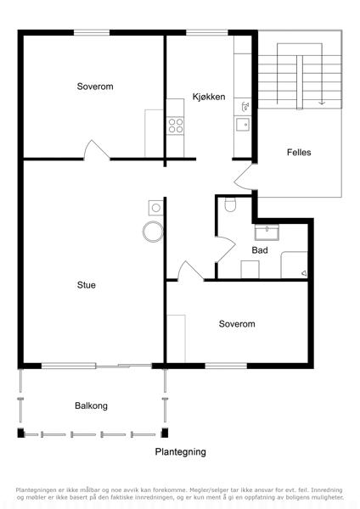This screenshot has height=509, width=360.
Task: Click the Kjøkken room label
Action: coord(209,97)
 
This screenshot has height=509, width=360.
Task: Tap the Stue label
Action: coord(87,285)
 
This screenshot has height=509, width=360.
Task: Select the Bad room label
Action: coord(260,250)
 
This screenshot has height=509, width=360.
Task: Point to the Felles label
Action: coord(299,152)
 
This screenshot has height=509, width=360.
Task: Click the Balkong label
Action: coord(91,406)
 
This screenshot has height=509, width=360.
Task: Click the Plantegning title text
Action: coord(180,452)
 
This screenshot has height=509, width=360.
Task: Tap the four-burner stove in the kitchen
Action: coord(176,126)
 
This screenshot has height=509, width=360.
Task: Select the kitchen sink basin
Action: coord(243,124)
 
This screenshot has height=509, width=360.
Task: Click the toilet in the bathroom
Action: coord(230,204)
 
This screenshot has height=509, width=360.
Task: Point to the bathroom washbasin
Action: coord(267,232)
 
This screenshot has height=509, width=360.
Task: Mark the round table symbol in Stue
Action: coord(153,232)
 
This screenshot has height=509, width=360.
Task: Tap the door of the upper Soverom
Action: coord(97,150)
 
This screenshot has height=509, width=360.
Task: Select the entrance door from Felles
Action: coord(243,176)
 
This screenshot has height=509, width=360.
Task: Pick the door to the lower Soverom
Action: coord(190,270)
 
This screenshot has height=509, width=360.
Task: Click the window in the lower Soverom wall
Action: coord(226,366)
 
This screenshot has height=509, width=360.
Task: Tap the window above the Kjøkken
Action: coord(207,33)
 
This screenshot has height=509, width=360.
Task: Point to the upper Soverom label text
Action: coord(95,87)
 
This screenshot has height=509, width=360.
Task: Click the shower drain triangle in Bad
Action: coord(304,273)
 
